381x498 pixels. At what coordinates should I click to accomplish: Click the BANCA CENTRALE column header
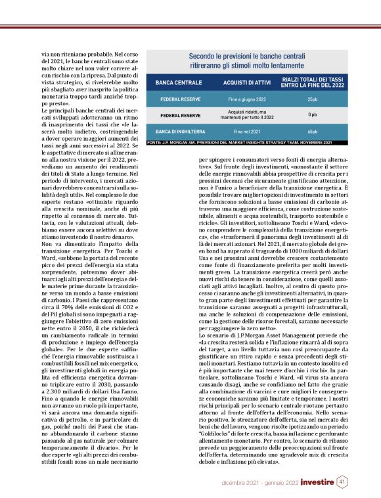point(175,83)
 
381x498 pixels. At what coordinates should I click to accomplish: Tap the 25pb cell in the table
point(312,99)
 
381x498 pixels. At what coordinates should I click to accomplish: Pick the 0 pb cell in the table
point(312,115)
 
